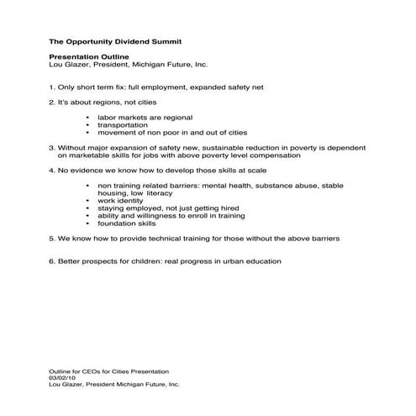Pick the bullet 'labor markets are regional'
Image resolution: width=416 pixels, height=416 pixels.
pyautogui.click(x=145, y=118)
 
